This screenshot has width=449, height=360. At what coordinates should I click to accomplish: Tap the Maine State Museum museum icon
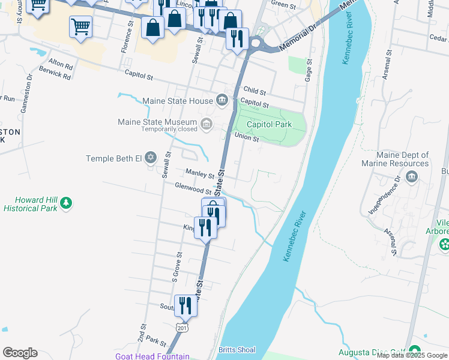(x=207, y=124)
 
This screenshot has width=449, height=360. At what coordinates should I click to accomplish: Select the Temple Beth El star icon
(x=151, y=158)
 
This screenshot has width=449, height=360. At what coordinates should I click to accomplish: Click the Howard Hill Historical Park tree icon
(x=66, y=204)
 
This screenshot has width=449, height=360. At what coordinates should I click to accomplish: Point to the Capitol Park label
(x=270, y=124)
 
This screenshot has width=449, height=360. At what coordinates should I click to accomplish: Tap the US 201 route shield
(x=181, y=328)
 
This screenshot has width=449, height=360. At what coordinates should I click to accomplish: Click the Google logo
(x=20, y=353)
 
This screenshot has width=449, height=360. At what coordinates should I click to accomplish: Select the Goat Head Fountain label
(x=152, y=356)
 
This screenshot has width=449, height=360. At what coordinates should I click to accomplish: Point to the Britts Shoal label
(x=237, y=350)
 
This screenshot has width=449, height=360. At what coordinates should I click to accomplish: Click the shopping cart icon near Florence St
(x=80, y=26)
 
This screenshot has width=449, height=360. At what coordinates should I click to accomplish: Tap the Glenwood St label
(x=190, y=188)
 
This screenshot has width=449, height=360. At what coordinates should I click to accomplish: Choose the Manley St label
(x=200, y=174)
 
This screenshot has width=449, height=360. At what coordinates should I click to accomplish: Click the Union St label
(x=246, y=137)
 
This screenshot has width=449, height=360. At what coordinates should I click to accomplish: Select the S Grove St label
(x=176, y=268)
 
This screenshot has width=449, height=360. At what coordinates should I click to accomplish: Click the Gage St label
(x=309, y=70)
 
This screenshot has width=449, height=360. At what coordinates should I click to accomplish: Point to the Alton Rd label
(x=60, y=63)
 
